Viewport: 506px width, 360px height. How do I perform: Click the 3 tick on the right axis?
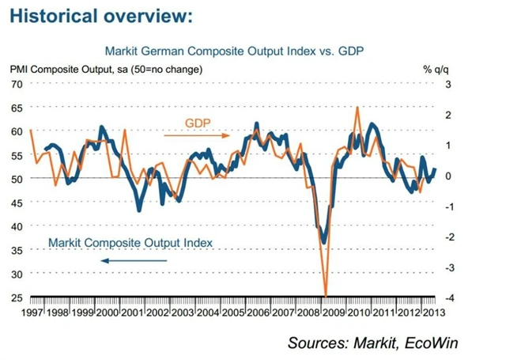click(449, 84)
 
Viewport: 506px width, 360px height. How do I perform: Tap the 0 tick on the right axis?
click(449, 176)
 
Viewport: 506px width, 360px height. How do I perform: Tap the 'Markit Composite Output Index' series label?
click(130, 243)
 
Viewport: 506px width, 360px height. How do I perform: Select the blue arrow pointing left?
click(130, 259)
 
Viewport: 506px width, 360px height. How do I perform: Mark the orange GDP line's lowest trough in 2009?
click(325, 294)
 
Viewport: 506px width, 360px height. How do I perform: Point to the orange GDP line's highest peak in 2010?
click(358, 107)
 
